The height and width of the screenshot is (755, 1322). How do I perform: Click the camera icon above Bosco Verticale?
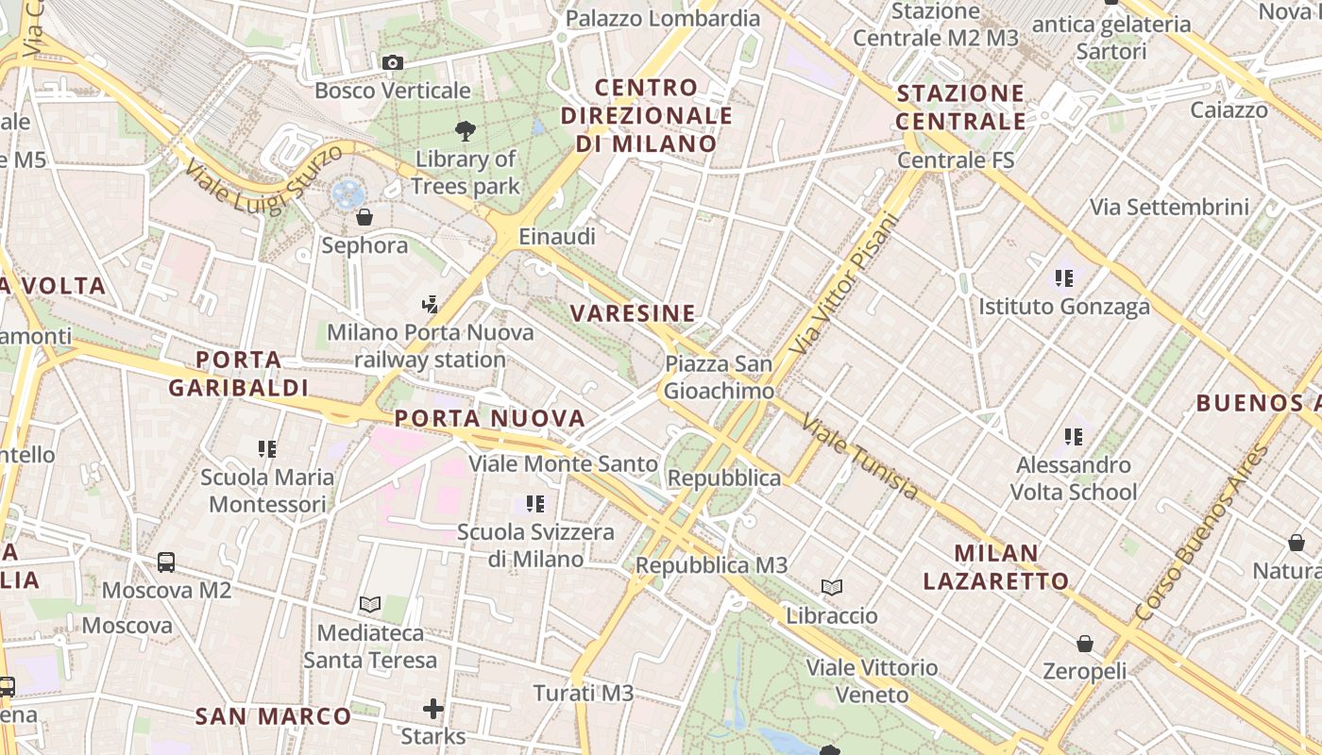(393, 63)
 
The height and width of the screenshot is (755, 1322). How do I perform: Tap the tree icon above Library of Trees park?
(465, 130)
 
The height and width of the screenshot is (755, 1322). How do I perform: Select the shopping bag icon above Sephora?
(364, 218)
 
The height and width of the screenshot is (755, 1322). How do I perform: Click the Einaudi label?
(557, 237)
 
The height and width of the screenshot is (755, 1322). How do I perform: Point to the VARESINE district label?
(633, 313)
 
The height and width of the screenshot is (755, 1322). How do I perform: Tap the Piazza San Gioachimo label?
(719, 377)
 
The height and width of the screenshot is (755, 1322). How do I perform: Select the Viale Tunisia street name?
(859, 457)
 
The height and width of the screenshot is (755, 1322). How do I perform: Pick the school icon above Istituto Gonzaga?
(1064, 278)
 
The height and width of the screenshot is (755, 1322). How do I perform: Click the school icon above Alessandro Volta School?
(1074, 437)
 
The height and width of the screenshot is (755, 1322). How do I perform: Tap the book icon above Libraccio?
(832, 588)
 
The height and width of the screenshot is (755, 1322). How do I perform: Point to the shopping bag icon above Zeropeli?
(1085, 644)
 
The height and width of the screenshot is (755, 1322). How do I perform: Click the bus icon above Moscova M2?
(166, 562)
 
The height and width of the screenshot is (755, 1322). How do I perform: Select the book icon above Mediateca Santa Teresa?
(370, 604)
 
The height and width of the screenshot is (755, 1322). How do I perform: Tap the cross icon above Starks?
(433, 708)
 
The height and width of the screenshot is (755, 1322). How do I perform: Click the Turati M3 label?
(584, 694)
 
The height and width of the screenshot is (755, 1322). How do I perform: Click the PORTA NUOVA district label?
(489, 418)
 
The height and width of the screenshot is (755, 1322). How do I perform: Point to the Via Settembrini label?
(1169, 207)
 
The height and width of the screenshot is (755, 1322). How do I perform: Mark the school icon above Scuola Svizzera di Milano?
(535, 504)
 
